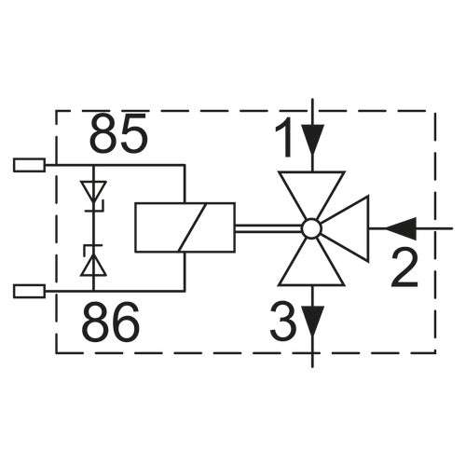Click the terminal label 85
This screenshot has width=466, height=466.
118,132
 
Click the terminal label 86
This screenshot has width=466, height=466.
111,322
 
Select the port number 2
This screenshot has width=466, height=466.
404,268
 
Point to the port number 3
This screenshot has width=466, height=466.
283,322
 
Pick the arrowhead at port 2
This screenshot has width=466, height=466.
401,228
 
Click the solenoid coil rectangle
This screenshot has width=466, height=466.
185,227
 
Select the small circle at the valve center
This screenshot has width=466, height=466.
312,228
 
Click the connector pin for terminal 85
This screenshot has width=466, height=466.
30,165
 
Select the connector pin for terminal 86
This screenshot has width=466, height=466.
30,292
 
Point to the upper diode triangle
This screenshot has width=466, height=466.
93,190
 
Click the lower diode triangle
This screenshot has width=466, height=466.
93,267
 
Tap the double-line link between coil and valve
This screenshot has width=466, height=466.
268,228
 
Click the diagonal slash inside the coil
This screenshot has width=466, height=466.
192,227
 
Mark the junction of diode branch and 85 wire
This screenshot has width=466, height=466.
93,165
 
